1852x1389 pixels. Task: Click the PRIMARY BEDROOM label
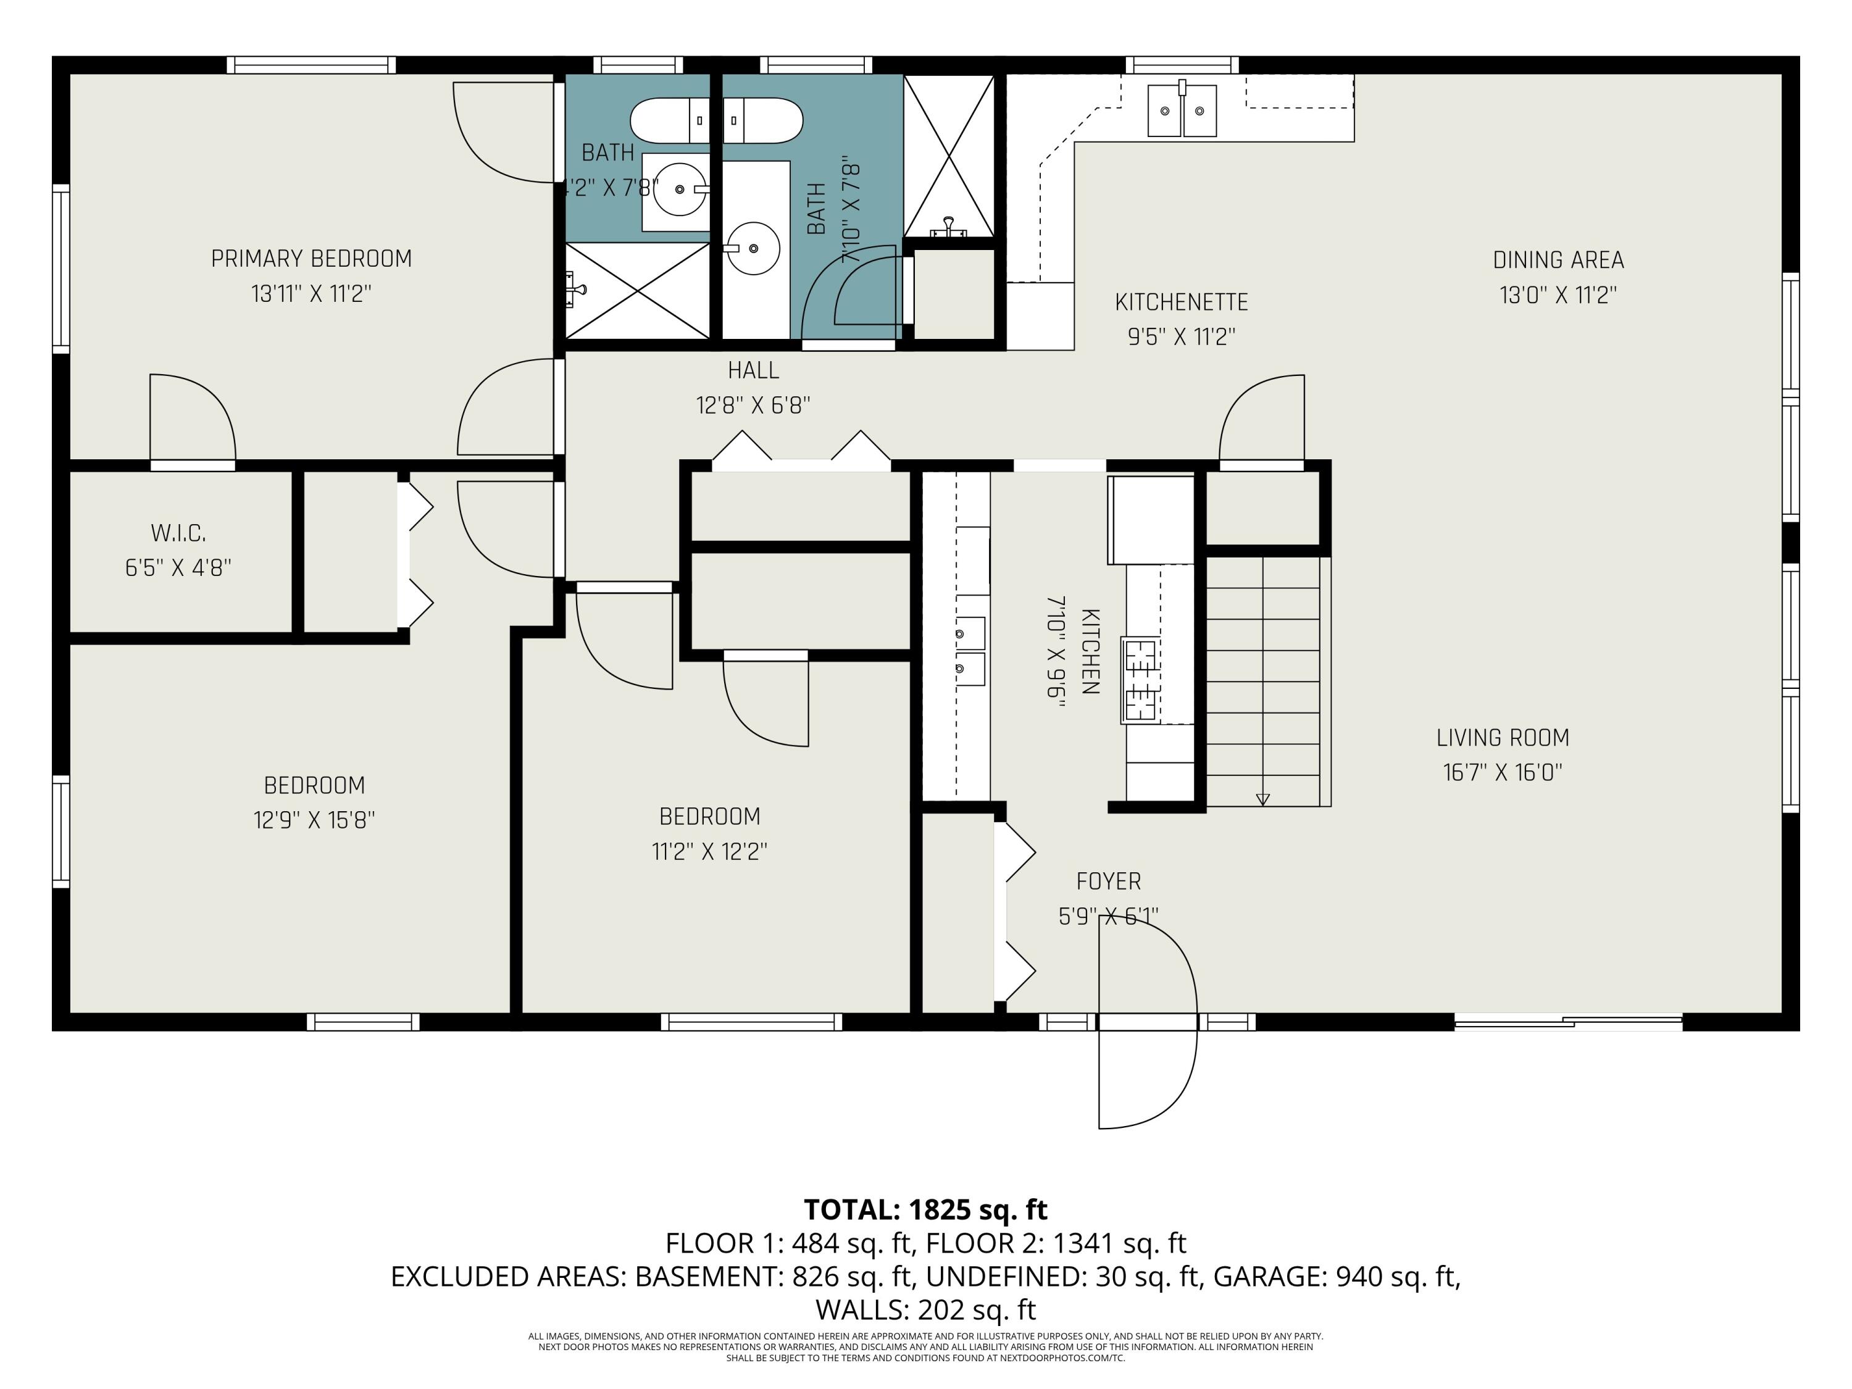coord(312,259)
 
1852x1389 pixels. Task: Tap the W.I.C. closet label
coord(178,533)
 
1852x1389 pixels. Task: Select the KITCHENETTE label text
coord(1182,302)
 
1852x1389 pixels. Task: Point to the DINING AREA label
coord(1558,261)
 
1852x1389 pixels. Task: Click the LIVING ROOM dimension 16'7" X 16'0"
coord(1503,772)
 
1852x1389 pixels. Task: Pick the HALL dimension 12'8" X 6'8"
coord(754,405)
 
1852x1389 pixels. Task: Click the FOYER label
coord(1109,882)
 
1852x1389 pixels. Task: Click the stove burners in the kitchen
coord(1140,680)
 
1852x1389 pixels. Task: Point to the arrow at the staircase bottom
coord(1262,799)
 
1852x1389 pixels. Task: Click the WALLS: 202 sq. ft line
coord(925,1309)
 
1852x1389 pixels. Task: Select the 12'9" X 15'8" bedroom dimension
coord(314,820)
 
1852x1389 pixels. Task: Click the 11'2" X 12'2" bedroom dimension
coord(710,851)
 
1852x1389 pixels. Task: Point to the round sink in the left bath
coord(679,190)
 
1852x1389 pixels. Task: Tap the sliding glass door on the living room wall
coord(1568,1022)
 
